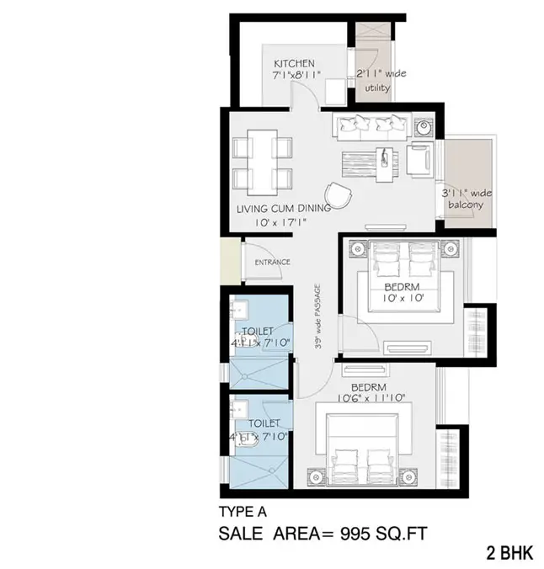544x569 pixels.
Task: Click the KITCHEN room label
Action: (294, 63)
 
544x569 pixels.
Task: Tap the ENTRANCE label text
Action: (273, 262)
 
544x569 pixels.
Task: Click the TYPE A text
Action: (243, 511)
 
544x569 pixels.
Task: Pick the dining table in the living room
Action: (262, 160)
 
